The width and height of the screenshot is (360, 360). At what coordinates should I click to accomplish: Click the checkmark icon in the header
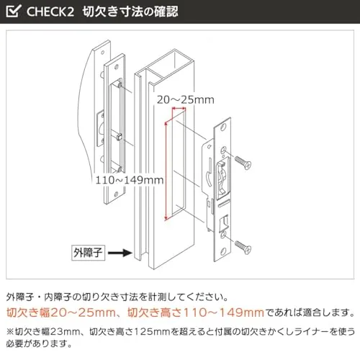(x=14, y=11)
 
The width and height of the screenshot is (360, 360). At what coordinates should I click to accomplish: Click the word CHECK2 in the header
(x=50, y=12)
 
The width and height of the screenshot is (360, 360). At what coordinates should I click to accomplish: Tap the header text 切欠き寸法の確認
(x=130, y=12)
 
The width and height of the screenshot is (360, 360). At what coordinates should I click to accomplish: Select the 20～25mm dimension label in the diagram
(x=185, y=99)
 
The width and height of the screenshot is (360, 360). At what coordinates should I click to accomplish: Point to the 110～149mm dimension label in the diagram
(x=130, y=180)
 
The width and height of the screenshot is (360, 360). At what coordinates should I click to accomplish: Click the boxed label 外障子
(x=88, y=253)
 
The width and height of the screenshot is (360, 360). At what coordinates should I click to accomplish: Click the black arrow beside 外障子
(x=120, y=253)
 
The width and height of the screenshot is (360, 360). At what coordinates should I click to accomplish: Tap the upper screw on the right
(x=243, y=163)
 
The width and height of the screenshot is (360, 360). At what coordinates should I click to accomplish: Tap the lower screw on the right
(x=243, y=247)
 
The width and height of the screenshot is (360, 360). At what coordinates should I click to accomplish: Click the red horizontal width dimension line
(x=179, y=109)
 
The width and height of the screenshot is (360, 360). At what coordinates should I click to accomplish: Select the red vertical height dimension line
(x=166, y=171)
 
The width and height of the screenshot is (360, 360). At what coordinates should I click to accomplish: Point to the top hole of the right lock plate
(x=225, y=127)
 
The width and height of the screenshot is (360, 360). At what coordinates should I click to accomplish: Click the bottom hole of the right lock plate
(x=224, y=251)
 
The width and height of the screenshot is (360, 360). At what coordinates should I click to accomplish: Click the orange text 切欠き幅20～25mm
(x=61, y=312)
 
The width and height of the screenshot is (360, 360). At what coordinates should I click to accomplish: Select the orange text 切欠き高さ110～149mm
(x=196, y=312)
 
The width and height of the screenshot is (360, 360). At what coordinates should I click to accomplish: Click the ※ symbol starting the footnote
(x=10, y=332)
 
